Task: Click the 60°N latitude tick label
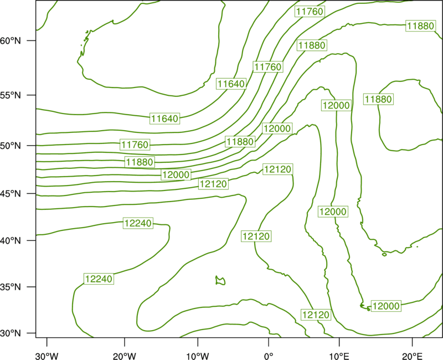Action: [x=11, y=40]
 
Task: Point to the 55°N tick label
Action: [x=11, y=95]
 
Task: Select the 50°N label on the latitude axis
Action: [x=11, y=146]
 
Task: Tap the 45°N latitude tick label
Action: [x=11, y=193]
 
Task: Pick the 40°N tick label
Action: [x=11, y=241]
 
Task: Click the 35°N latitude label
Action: [x=11, y=287]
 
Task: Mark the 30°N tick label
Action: [x=11, y=333]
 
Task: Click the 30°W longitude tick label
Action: [x=47, y=356]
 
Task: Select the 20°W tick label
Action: [x=124, y=356]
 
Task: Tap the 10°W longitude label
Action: [x=198, y=356]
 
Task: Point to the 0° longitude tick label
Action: [x=269, y=356]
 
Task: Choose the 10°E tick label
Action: [x=339, y=356]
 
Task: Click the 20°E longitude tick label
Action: [x=412, y=356]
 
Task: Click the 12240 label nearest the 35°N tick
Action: [x=99, y=279]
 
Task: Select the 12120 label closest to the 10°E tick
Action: [x=316, y=315]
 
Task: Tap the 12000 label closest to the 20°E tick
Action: [x=386, y=306]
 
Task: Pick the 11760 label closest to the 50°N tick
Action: [x=135, y=145]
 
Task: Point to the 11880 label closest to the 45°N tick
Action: [x=140, y=162]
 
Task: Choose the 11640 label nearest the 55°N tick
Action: [x=164, y=119]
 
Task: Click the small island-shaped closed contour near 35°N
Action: [x=220, y=281]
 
